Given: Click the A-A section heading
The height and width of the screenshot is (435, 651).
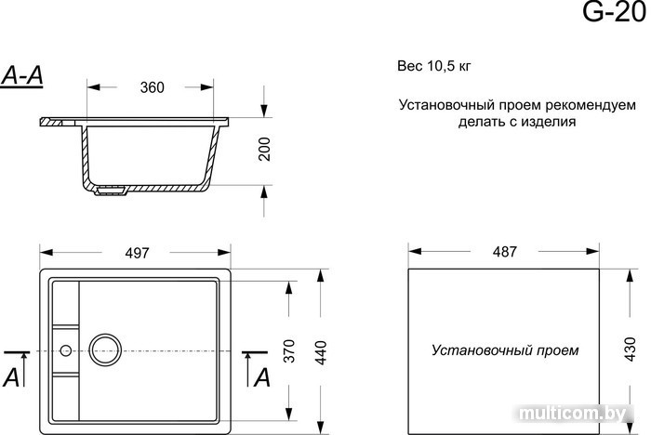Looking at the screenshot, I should pyautogui.click(x=24, y=77).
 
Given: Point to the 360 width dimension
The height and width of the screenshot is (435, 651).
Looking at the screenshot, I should pyautogui.click(x=152, y=88).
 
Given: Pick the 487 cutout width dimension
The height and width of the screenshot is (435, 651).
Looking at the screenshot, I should pyautogui.click(x=503, y=253).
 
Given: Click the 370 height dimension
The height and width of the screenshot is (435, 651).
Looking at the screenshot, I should pyautogui.click(x=288, y=352).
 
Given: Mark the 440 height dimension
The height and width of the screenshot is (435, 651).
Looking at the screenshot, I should pyautogui.click(x=322, y=352).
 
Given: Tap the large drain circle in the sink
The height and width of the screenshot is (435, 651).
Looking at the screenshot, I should pyautogui.click(x=105, y=350).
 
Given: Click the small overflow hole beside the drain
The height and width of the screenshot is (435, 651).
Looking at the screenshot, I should pyautogui.click(x=65, y=350).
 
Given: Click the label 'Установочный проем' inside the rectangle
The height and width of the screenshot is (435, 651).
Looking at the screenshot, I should pyautogui.click(x=505, y=351).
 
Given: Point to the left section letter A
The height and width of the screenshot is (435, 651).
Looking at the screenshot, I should pyautogui.click(x=12, y=376).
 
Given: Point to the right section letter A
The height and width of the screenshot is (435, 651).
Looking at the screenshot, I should pyautogui.click(x=262, y=376).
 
